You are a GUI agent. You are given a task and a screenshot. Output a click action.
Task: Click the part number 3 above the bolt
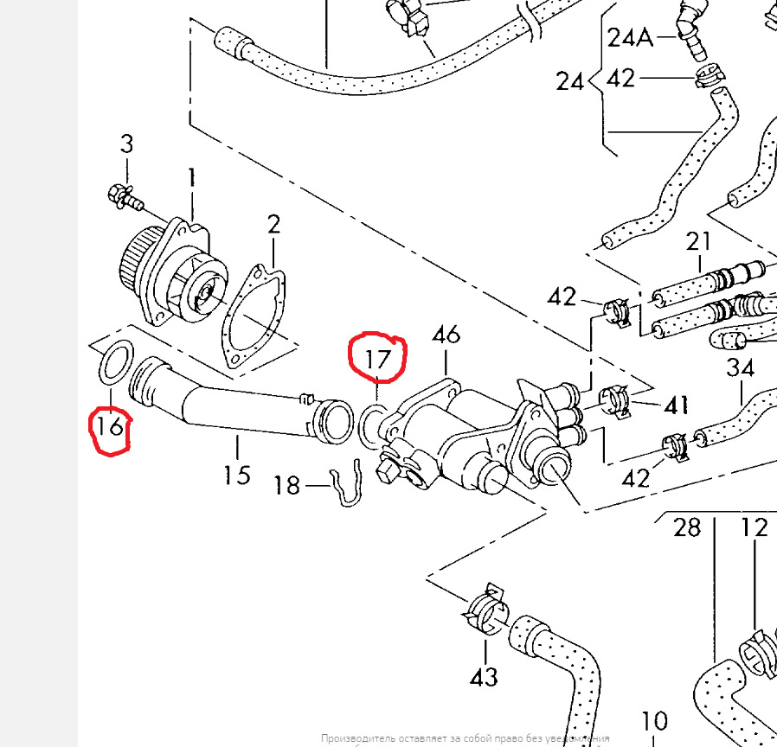tap(127, 144)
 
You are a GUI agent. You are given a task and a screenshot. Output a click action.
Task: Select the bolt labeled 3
tap(122, 196)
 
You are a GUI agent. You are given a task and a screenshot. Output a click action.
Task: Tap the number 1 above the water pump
tap(192, 180)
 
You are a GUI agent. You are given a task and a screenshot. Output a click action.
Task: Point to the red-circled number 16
tap(111, 426)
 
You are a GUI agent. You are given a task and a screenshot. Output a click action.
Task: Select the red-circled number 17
tap(377, 358)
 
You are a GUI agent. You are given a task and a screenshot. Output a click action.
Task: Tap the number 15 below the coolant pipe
tap(236, 474)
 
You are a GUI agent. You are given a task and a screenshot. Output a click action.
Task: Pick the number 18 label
tap(286, 485)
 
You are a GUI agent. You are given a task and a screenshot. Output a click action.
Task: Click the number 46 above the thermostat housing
tap(446, 335)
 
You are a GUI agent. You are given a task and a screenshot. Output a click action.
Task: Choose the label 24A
tap(632, 37)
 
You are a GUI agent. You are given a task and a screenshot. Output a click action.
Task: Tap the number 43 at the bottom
tap(483, 675)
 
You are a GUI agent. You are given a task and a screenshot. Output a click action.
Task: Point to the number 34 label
tap(741, 368)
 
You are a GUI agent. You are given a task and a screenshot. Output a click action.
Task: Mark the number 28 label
tap(686, 527)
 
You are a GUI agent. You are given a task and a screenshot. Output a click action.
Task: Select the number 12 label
tap(755, 527)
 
